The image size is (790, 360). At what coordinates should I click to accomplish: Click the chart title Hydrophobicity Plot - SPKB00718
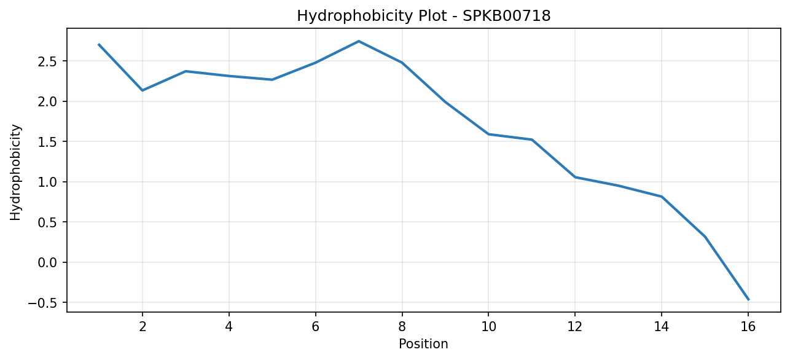[x=424, y=16]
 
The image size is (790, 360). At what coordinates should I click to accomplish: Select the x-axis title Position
[x=423, y=344]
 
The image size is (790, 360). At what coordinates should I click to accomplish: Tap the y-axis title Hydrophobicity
[x=15, y=173]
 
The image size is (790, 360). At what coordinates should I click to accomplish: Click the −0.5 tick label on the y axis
[x=42, y=302]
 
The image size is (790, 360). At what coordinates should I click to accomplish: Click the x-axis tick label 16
[x=748, y=327]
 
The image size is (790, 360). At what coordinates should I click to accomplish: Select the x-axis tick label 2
[x=143, y=327]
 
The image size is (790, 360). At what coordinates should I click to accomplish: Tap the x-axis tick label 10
[x=488, y=327]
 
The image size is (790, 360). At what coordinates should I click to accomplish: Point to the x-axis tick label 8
[x=402, y=327]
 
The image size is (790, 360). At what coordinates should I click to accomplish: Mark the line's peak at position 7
[x=359, y=41]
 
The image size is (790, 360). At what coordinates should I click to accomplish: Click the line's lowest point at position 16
[x=748, y=300]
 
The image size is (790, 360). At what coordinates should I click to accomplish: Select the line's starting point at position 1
[x=99, y=44]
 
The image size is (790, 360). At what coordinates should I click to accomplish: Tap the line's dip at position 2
[x=143, y=90]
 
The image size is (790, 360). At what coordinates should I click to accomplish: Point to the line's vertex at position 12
[x=575, y=177]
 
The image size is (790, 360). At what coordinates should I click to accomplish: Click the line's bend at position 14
[x=662, y=197]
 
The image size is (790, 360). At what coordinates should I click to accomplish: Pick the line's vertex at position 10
[x=488, y=135]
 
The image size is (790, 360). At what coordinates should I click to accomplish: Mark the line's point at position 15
[x=705, y=237]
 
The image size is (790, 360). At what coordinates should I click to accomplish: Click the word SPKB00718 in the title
[x=506, y=16]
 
